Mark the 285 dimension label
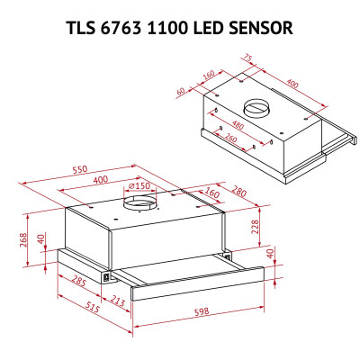pyautogui.click(x=78, y=283)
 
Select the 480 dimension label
pyautogui.click(x=238, y=125)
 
